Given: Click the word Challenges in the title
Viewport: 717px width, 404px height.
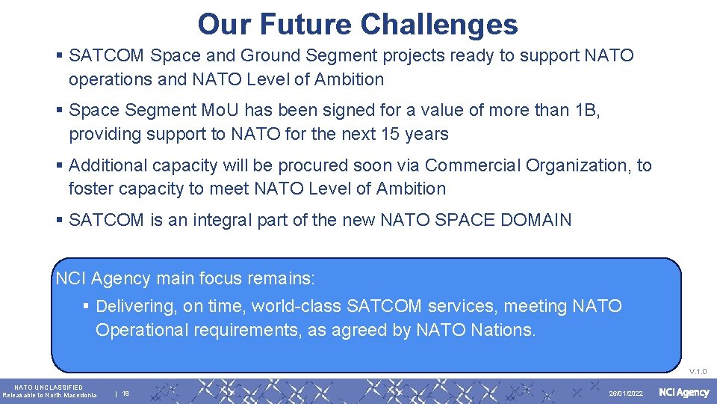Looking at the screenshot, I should coord(438,24).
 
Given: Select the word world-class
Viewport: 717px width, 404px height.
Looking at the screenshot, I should coord(297,306).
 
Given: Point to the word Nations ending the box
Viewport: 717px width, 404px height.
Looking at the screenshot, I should coord(503,330).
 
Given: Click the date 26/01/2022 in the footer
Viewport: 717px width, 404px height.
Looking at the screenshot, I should coord(626,394).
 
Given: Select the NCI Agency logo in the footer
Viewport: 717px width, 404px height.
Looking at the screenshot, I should coord(683,393).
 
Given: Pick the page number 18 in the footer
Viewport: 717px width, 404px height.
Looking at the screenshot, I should coord(125,394).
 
